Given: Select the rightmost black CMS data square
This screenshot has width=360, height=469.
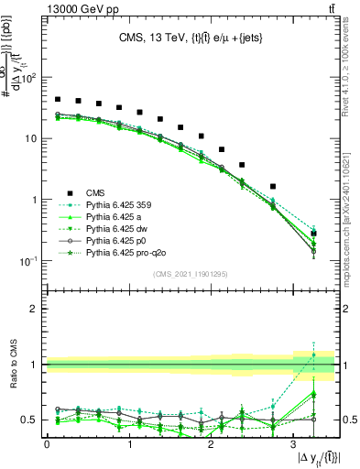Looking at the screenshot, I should [x=314, y=234].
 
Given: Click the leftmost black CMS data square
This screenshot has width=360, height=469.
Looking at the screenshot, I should [x=58, y=99].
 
